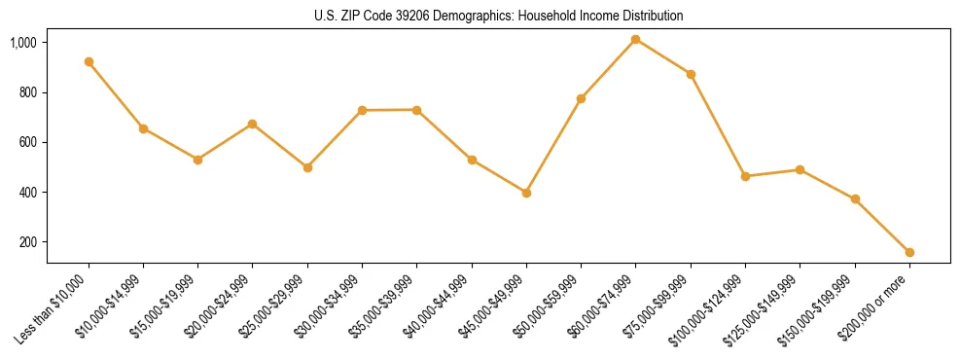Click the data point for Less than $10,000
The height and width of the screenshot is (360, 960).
89,61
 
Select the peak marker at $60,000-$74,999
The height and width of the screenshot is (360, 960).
636,39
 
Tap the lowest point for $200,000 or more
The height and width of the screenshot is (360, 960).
909,252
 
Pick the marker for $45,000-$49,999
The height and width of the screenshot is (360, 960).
526,193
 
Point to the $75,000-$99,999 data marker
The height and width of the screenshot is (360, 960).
691,74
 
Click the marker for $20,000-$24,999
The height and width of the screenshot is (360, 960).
253,124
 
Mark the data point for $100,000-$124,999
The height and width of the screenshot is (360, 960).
745,176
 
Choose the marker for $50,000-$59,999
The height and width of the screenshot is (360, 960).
581,98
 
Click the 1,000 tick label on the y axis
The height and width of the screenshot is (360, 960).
23,43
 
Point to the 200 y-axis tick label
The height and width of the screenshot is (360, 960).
28,242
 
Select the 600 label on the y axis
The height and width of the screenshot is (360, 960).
28,143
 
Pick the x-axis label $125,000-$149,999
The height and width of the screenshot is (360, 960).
765,307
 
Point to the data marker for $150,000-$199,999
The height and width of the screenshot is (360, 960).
855,198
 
